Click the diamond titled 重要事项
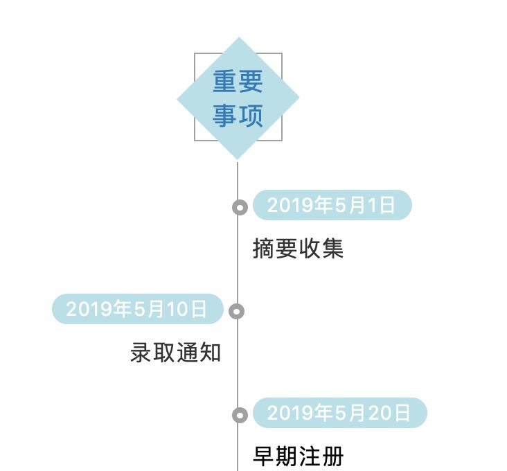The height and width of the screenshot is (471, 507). coord(238,98)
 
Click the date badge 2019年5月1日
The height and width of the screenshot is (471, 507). coord(332,205)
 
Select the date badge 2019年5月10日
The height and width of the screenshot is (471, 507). coord(138,309)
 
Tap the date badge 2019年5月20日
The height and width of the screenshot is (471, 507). coord(339,414)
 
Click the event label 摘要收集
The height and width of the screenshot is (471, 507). coord(298,248)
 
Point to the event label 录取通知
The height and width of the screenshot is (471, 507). coord(176,353)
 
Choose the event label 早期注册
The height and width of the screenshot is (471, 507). coord(298,456)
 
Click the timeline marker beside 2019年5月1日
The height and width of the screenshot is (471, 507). coord(240,207)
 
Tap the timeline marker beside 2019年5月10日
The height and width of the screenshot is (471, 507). coord(237,311)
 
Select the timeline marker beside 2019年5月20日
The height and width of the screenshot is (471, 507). coord(240,415)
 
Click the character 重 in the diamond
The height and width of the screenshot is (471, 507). coord(225,82)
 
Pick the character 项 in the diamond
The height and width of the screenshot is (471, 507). coord(251,115)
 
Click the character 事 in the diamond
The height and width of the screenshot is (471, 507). coord(225,115)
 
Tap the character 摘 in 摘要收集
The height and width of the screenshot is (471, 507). coord(264,248)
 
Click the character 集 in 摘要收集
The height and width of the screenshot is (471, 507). coord(332,248)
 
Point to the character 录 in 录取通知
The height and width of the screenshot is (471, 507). coord(141,353)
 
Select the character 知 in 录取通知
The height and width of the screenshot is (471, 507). coord(210,353)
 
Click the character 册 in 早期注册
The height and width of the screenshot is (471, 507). coord(332,456)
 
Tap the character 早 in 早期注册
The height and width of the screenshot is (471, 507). coord(264,456)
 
